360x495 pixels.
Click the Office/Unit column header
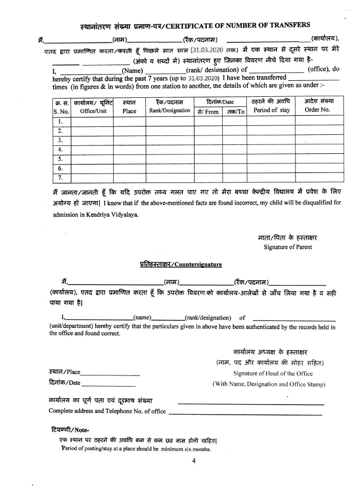93,111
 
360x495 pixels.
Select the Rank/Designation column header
169,111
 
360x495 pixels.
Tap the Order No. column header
317,110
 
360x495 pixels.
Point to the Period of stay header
271,110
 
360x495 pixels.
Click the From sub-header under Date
208,112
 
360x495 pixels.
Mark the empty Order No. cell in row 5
317,159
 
